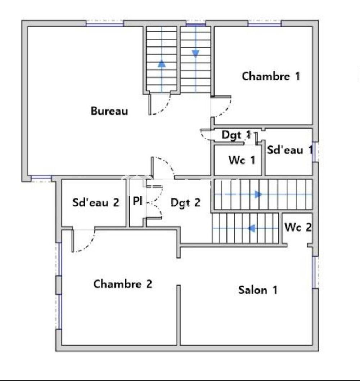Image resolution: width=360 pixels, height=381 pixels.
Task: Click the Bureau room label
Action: click(x=109, y=111)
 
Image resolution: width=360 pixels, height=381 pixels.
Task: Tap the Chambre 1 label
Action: click(x=271, y=76)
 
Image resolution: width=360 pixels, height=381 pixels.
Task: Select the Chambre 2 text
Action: click(x=123, y=284)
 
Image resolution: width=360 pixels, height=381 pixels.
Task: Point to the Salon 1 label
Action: click(x=258, y=290)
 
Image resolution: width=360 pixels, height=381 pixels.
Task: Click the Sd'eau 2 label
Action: click(x=96, y=202)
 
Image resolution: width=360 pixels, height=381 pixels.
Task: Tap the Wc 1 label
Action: click(x=242, y=160)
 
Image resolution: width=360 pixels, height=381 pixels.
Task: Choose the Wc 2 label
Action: click(x=298, y=227)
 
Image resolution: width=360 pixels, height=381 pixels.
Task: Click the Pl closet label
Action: click(x=138, y=201)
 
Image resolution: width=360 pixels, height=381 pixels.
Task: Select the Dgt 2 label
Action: click(x=185, y=203)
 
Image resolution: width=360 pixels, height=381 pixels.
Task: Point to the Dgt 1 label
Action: click(x=236, y=135)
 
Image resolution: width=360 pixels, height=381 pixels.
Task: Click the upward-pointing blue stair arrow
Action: click(x=162, y=64)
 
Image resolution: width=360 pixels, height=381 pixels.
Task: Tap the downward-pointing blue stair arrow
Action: click(x=195, y=53)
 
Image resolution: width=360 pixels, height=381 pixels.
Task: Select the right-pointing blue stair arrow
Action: click(x=258, y=194)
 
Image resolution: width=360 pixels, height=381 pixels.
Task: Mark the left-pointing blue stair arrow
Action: click(x=251, y=228)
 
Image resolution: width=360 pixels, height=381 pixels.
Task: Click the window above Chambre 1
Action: click(x=265, y=23)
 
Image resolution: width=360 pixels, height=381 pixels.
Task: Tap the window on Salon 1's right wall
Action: click(x=315, y=272)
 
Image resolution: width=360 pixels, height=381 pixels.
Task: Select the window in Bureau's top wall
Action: click(x=105, y=23)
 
